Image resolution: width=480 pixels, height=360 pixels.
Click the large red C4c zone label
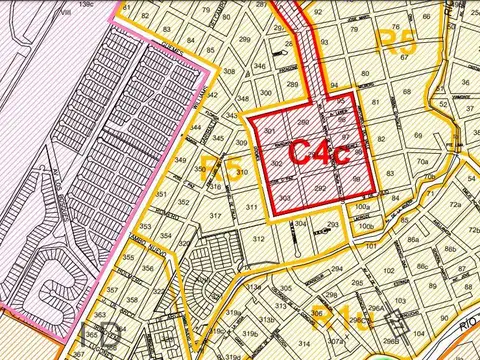318,151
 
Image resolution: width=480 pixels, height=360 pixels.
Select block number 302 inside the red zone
276,165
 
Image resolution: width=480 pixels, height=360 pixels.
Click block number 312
258,240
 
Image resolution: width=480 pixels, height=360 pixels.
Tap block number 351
160,194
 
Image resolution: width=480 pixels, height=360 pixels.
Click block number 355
128,257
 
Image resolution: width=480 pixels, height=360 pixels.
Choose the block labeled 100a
361,207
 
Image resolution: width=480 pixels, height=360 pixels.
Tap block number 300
265,93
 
